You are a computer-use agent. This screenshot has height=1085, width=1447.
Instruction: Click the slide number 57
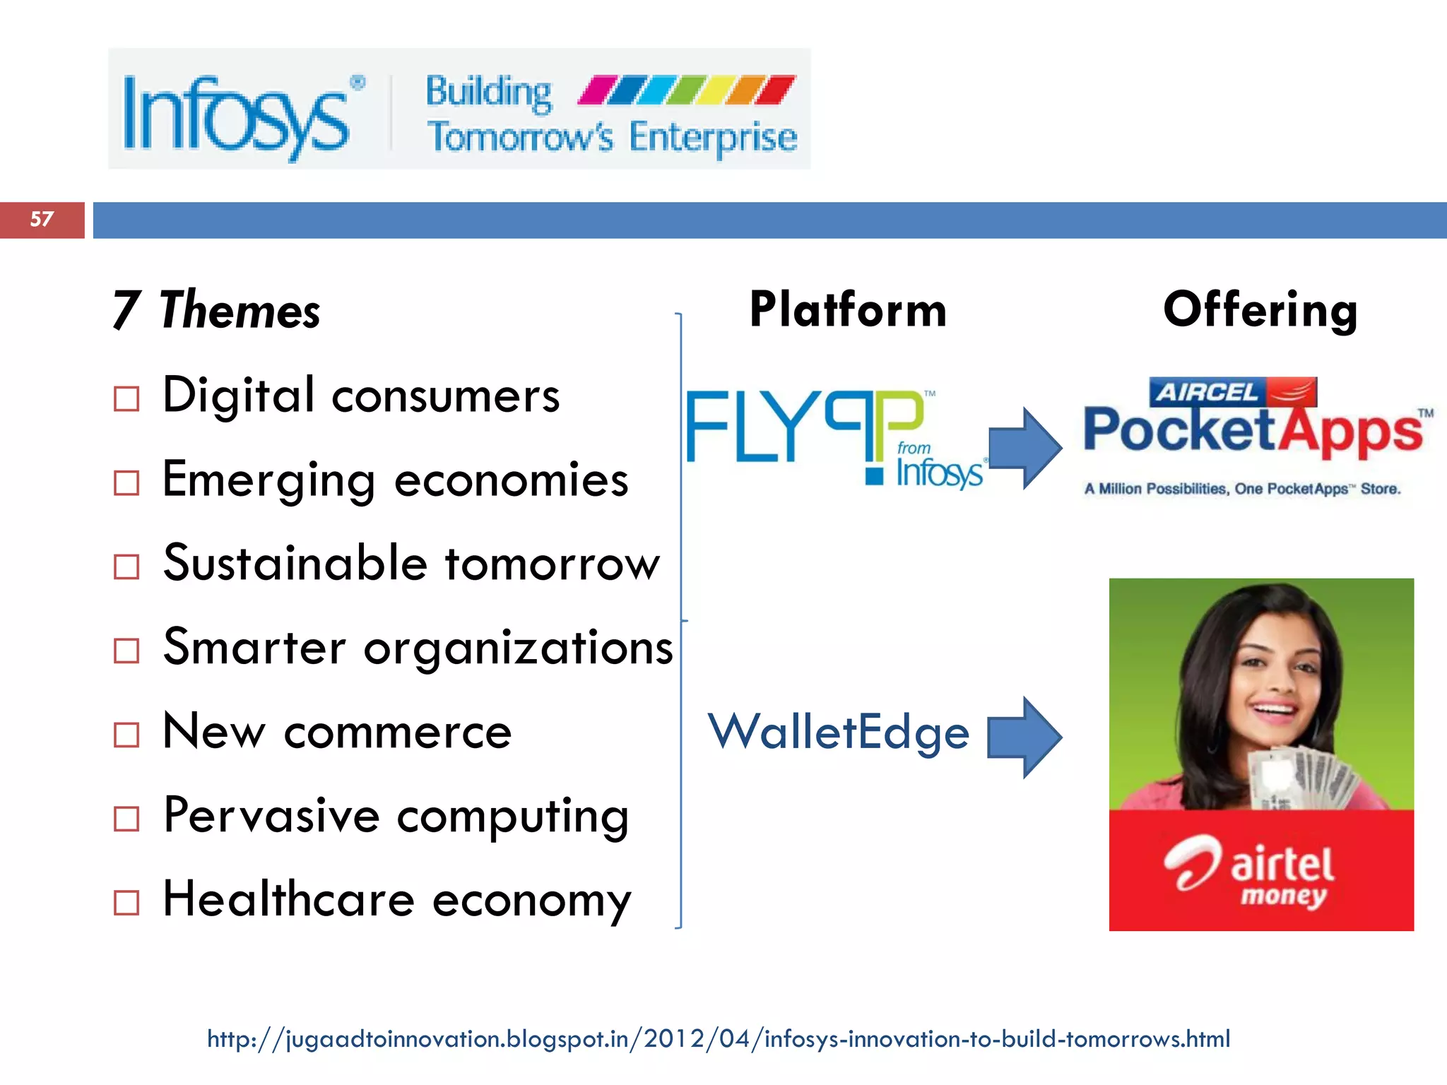click(42, 220)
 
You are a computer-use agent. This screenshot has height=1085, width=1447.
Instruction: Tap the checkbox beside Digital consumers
click(126, 399)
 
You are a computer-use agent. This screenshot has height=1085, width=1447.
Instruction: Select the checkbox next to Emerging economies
click(126, 483)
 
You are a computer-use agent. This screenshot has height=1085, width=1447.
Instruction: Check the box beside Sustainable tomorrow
click(126, 567)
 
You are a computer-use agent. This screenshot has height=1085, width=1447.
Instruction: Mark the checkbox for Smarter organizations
click(126, 651)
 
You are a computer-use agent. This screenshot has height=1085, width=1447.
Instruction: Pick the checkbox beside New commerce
click(126, 735)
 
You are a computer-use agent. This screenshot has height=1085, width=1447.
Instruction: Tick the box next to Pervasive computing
click(126, 819)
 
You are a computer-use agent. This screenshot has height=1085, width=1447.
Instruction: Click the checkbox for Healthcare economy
click(126, 902)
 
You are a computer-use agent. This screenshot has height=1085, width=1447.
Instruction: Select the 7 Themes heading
click(216, 310)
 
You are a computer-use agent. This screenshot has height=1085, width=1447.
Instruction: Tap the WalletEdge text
click(839, 733)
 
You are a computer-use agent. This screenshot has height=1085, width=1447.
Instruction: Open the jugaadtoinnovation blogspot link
click(719, 1039)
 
